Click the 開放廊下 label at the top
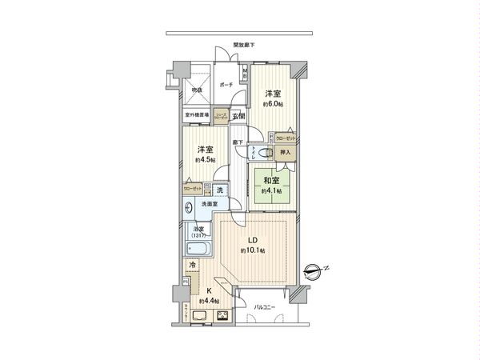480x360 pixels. pos(244,46)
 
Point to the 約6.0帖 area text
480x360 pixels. pos(272,104)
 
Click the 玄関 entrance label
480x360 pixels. pos(238,117)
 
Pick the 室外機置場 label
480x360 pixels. pos(198,114)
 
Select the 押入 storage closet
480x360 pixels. pos(286,151)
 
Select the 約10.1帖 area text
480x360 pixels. pos(252,251)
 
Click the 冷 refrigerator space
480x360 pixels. pos(192,264)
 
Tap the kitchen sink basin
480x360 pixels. pos(199,316)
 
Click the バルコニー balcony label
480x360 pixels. pos(265,307)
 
